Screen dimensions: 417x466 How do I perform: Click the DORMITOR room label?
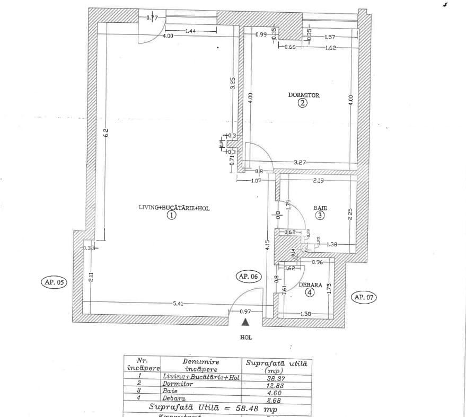point(303,95)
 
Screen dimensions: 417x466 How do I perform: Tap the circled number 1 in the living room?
point(171,216)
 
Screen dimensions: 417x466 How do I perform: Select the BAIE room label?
point(320,208)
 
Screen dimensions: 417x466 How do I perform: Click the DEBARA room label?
point(310,285)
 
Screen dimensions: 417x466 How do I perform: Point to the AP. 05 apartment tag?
point(52,282)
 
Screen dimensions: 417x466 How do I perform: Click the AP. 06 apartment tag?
point(249,276)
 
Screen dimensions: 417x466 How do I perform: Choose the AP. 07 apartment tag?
point(364,297)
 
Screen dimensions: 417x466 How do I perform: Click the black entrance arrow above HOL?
point(245,321)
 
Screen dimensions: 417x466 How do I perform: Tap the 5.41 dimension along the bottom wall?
point(178,304)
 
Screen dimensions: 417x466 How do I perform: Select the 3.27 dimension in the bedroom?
point(301,162)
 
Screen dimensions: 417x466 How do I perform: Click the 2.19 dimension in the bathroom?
point(318,181)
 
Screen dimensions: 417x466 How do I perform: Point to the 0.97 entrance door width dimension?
point(245,312)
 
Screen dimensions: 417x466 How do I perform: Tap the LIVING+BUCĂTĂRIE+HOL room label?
point(174,208)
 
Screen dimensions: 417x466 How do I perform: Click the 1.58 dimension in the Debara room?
point(305,314)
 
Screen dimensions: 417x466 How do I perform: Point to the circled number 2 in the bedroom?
point(302,103)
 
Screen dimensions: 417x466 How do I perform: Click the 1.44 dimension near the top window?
point(191,31)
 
